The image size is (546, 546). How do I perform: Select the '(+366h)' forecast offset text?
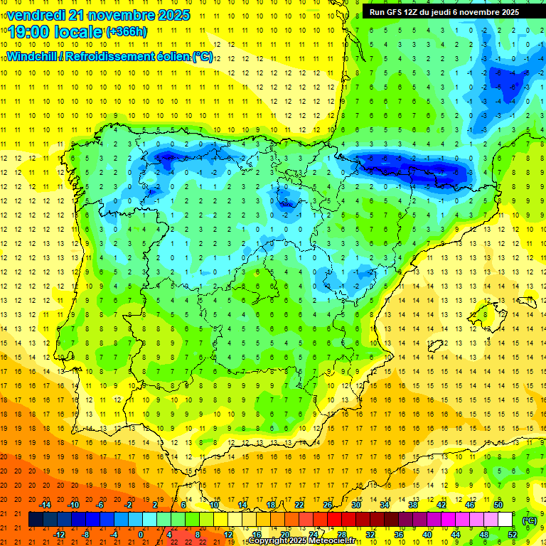coord(127,32)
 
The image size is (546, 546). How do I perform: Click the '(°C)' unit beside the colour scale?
coord(530,520)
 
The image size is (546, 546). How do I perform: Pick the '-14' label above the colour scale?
coord(44,505)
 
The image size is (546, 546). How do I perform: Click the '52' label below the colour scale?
coord(513,535)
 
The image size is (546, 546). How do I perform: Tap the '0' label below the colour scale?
coord(141,535)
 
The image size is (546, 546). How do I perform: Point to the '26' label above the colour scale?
coord(328,505)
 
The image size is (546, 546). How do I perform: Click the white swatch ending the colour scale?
coord(505,520)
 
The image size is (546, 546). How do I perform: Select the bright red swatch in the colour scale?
coord(335,520)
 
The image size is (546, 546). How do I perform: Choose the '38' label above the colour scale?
coord(413,505)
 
